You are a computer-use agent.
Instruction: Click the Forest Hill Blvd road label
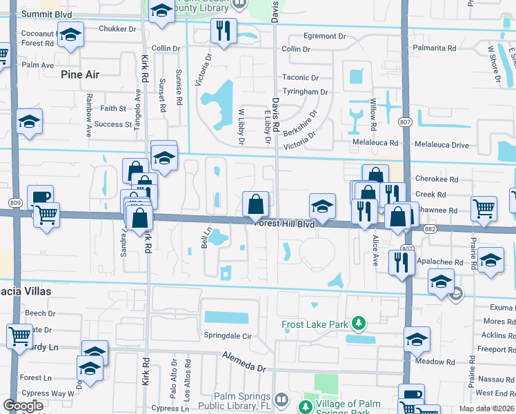click(x=284, y=224)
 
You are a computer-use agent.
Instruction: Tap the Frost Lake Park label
click(x=316, y=324)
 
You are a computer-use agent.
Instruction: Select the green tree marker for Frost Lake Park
click(x=358, y=323)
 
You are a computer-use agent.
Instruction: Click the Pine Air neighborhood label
click(x=81, y=74)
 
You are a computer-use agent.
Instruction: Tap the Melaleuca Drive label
click(x=441, y=145)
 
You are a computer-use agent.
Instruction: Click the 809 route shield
click(x=15, y=202)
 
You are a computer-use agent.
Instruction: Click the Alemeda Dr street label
click(x=244, y=362)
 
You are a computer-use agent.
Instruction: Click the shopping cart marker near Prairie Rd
click(x=484, y=207)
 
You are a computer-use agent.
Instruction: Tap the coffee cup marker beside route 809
click(x=40, y=197)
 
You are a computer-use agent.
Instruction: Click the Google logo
click(x=23, y=406)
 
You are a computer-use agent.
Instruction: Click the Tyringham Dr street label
click(x=304, y=91)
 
